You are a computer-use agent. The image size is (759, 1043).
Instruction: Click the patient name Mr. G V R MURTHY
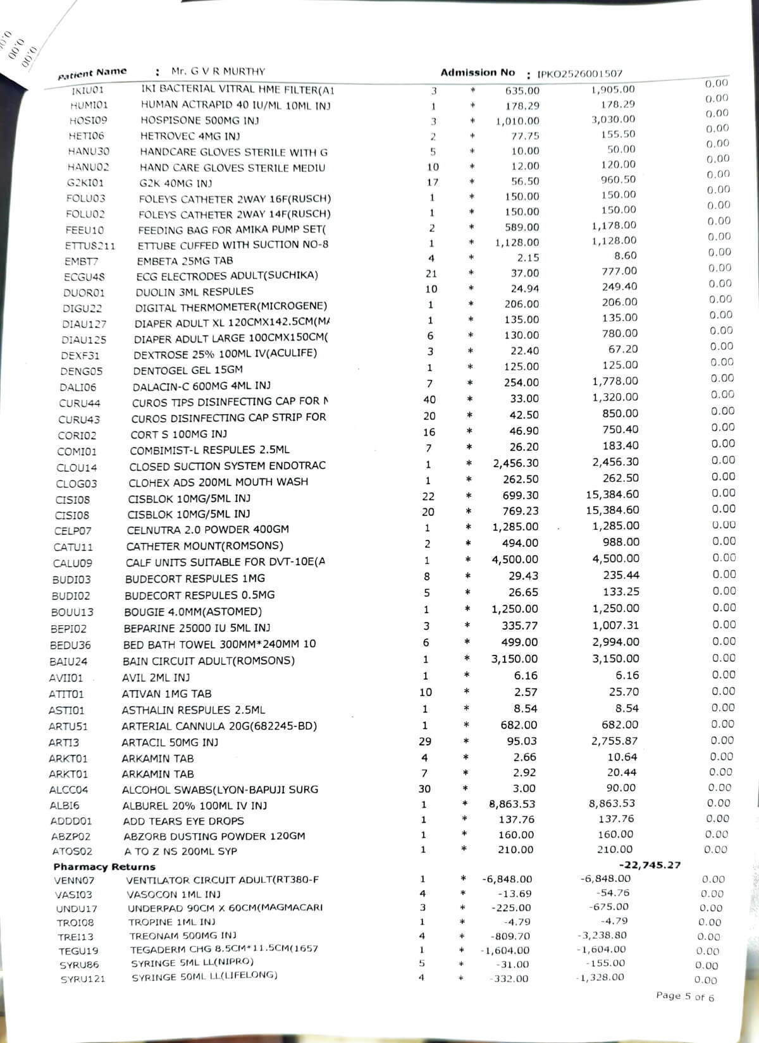tap(218, 71)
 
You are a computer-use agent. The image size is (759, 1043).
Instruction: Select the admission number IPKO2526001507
tap(579, 74)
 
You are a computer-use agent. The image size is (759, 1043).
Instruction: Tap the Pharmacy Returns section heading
tap(104, 867)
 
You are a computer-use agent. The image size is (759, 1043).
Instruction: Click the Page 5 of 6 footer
tap(685, 996)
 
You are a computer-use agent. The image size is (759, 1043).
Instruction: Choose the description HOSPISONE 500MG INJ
tap(199, 120)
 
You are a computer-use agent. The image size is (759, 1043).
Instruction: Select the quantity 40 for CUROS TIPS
tap(429, 400)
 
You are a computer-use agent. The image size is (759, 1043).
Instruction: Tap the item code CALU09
tap(72, 563)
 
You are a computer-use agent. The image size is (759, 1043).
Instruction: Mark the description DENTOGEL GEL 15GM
tap(188, 370)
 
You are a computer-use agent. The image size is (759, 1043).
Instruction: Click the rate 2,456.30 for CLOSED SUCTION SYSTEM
tap(515, 463)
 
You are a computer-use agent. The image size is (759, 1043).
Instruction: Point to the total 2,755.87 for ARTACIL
tap(614, 741)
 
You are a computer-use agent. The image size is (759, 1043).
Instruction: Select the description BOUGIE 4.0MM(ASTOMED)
tap(193, 612)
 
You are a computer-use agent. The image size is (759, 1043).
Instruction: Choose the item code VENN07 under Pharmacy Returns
tap(74, 881)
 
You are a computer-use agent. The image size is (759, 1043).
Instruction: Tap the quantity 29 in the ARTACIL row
tap(425, 741)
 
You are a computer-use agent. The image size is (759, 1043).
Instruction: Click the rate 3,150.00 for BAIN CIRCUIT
tap(514, 659)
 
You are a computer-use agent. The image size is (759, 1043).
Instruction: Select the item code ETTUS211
tap(90, 246)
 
